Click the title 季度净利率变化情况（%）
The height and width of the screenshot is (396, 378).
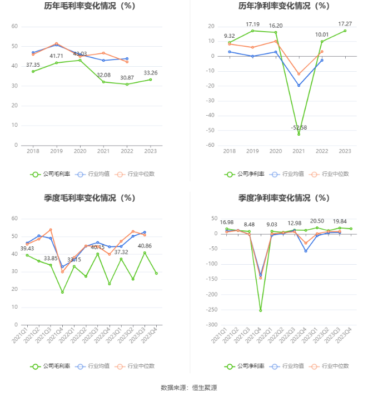pyautogui.click(x=284, y=197)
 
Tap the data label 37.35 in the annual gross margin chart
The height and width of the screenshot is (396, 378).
pyautogui.click(x=33, y=65)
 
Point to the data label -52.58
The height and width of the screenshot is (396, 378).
pyautogui.click(x=299, y=127)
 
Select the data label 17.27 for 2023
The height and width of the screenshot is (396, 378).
pyautogui.click(x=345, y=24)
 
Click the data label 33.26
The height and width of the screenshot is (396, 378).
pyautogui.click(x=150, y=73)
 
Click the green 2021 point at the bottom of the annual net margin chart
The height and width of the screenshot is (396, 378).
pyautogui.click(x=299, y=134)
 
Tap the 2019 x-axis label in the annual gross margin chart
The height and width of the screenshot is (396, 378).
pyautogui.click(x=56, y=151)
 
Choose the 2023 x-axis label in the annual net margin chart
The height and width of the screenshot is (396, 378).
pyautogui.click(x=345, y=151)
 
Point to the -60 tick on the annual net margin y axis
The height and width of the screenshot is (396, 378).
pyautogui.click(x=210, y=145)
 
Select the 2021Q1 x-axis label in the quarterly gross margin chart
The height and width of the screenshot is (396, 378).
pyautogui.click(x=25, y=335)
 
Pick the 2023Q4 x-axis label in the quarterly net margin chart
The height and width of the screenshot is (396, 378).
pyautogui.click(x=349, y=335)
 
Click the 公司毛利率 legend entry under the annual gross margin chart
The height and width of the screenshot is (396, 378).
pyautogui.click(x=51, y=174)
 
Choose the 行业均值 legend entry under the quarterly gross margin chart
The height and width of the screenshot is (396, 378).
pyautogui.click(x=94, y=366)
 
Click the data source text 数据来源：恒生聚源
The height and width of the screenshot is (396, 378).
pyautogui.click(x=188, y=387)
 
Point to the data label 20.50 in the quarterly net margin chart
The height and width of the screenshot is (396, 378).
pyautogui.click(x=317, y=221)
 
